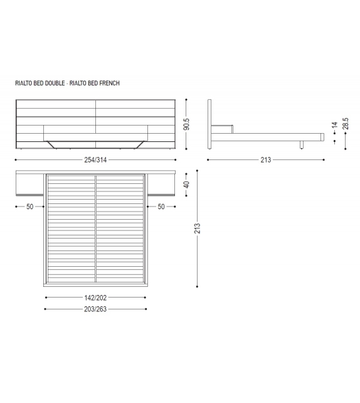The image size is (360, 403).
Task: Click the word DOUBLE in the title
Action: click(53, 83)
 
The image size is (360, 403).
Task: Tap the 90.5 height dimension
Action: click(186, 124)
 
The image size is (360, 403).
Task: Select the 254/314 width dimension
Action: click(96, 159)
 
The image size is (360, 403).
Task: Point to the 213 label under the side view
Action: click(266, 159)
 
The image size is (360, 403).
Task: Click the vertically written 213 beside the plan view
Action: click(197, 228)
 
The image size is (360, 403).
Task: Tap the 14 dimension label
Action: click(335, 126)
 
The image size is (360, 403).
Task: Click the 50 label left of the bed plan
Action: click(29, 207)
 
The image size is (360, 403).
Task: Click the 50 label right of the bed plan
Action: click(161, 207)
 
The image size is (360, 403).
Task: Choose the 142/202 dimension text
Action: click(96, 298)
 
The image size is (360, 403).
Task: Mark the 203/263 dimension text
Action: click(96, 309)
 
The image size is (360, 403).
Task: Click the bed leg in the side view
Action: click(302, 146)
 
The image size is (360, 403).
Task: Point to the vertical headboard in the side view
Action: click(210, 124)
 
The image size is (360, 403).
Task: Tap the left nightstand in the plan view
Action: click(29, 185)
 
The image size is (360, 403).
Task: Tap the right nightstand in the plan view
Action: click(162, 185)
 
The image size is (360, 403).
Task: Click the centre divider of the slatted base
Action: click(95, 229)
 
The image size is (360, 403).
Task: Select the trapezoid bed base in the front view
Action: click(96, 144)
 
